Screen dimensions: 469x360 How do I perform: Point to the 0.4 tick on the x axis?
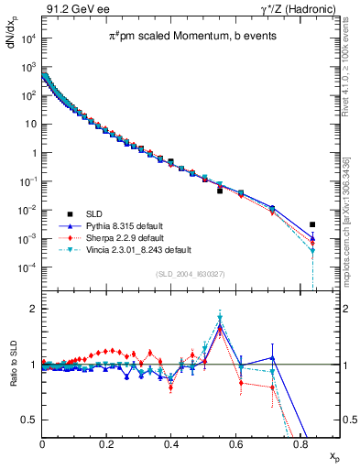coord(171,443)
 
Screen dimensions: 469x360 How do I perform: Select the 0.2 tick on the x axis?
coord(107,443)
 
